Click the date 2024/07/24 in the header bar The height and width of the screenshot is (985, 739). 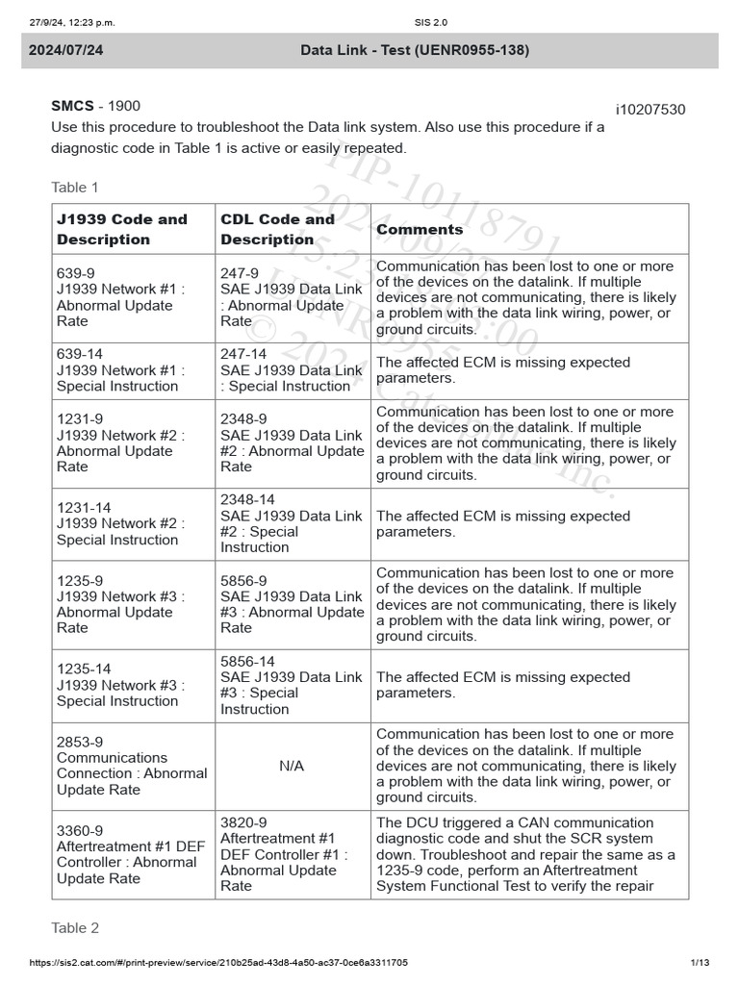(64, 50)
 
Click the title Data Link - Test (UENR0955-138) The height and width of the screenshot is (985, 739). (414, 50)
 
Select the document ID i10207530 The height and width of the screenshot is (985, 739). (650, 110)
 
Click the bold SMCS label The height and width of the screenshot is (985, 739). (72, 106)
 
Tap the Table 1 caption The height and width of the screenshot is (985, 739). (75, 188)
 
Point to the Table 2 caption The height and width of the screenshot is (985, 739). (75, 928)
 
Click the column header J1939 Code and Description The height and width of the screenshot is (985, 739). (122, 229)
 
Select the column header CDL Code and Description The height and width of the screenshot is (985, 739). (278, 229)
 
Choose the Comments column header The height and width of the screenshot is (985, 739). (420, 229)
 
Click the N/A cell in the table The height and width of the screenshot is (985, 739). (293, 766)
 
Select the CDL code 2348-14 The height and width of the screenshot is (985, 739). (247, 499)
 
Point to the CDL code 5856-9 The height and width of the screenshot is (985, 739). (243, 580)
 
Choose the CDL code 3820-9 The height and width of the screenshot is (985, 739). (243, 822)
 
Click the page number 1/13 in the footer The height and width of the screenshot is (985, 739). (700, 962)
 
